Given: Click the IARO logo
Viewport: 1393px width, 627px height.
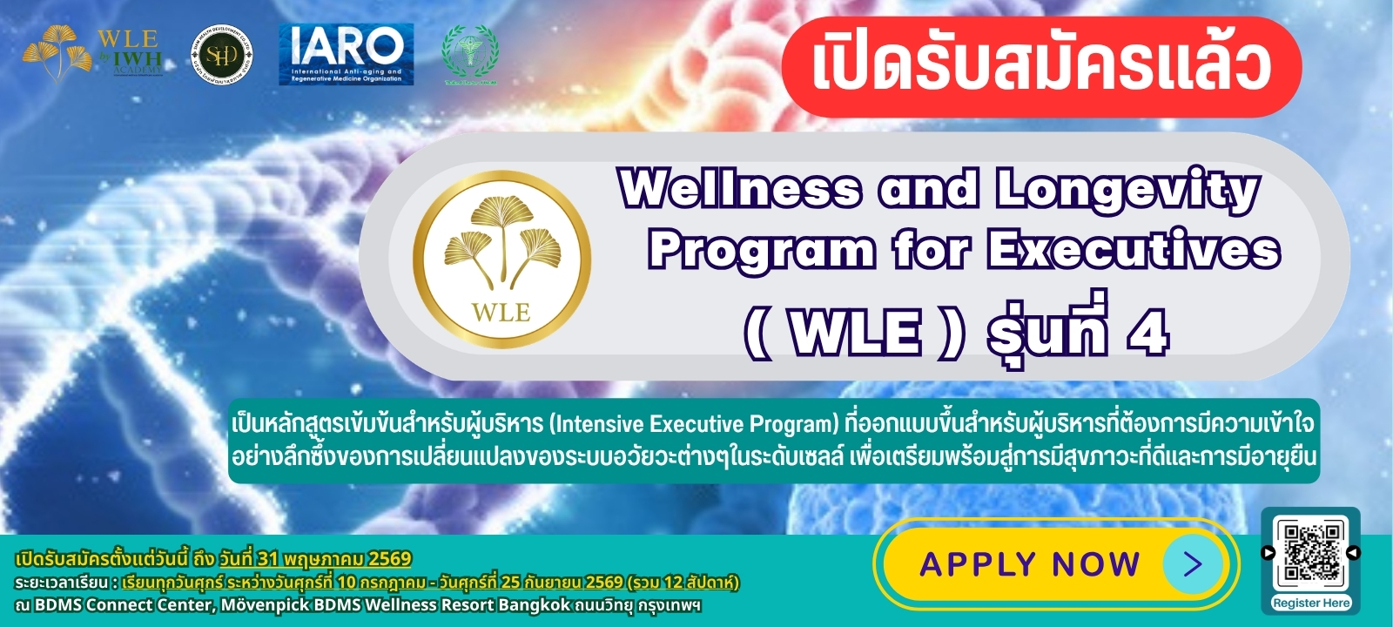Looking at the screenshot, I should (346, 54).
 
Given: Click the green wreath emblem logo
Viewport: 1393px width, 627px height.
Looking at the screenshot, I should (469, 54).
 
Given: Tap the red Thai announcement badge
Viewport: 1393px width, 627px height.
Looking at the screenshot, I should (1040, 66).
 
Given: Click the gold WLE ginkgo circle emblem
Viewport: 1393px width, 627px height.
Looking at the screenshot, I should (501, 259).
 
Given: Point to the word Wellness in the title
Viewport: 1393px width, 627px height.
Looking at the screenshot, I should (740, 189).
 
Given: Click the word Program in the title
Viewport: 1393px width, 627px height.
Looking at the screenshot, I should (761, 252).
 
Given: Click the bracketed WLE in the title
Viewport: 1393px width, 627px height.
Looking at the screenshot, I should (856, 334).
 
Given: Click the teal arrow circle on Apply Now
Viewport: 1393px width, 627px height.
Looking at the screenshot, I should (1192, 564).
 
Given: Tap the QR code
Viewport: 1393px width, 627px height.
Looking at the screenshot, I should (1310, 551).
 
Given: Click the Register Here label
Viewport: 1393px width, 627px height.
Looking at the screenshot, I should (1310, 603).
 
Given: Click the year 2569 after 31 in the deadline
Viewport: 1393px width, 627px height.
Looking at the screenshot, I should (389, 558).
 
